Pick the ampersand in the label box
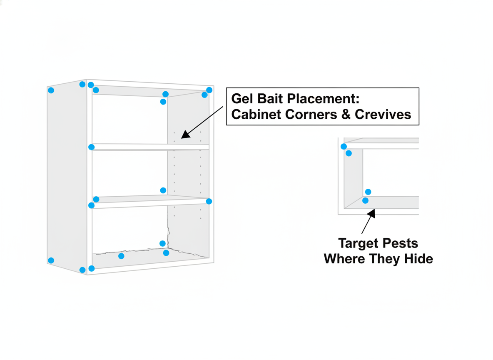click(346, 115)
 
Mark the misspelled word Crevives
click(383, 115)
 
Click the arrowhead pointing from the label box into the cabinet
click(186, 134)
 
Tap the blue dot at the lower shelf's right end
click(209, 201)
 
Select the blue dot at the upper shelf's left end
click(92, 147)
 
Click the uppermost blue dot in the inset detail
click(344, 146)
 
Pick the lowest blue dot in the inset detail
click(365, 200)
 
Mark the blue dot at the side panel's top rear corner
click(51, 90)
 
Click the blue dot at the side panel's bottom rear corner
click(51, 260)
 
